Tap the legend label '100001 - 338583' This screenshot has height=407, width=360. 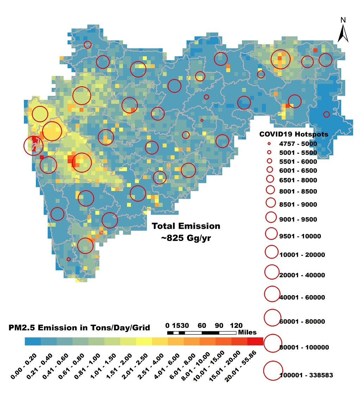coord(306,375)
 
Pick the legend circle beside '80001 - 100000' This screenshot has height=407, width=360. coord(273,343)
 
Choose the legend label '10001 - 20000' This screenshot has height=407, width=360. coord(302,255)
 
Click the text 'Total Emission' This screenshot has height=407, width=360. coord(186,226)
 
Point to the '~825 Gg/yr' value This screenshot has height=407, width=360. coord(186,238)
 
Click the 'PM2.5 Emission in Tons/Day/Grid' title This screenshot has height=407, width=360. coord(79,328)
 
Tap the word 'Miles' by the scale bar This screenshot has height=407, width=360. coord(247,332)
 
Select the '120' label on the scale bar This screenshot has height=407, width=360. coord(236,325)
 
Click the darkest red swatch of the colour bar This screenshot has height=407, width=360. coord(255,341)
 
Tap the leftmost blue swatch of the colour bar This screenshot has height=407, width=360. coord(33,341)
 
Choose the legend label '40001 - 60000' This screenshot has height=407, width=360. coord(302,297)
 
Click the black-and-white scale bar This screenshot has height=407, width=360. coord(202,332)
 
